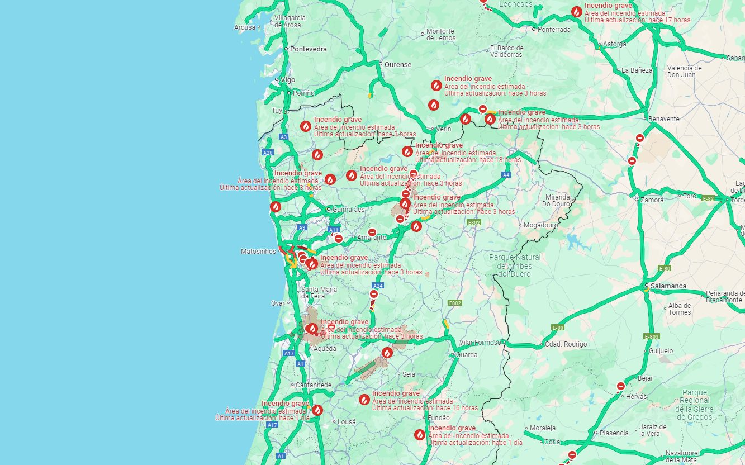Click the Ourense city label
click(x=398, y=64)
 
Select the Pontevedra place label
click(x=308, y=49)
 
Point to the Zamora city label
click(x=653, y=200)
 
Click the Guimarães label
click(x=348, y=210)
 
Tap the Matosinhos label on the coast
click(x=258, y=252)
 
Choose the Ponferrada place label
click(x=554, y=29)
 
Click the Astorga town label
click(x=615, y=44)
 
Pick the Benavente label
click(x=664, y=119)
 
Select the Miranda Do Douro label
click(x=558, y=201)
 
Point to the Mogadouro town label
click(x=542, y=225)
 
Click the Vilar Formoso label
click(x=481, y=343)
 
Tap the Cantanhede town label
click(x=314, y=385)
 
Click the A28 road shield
click(x=268, y=153)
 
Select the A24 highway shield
click(x=378, y=286)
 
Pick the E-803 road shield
click(x=652, y=336)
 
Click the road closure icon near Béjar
click(x=621, y=386)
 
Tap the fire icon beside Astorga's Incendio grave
click(x=576, y=12)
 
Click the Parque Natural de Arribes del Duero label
click(x=515, y=265)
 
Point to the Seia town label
click(x=409, y=374)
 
